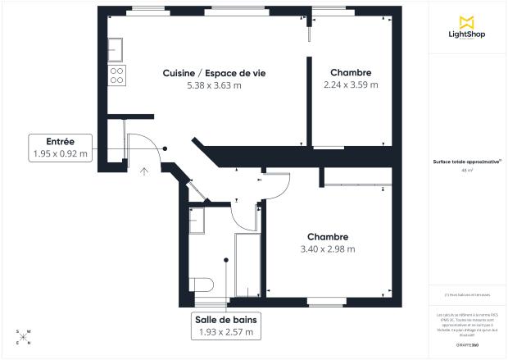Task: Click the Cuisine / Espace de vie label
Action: (214, 73)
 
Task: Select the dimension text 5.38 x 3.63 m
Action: (214, 84)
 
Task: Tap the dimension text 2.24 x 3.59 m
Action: (351, 84)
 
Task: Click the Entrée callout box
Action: (60, 148)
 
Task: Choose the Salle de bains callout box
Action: (226, 326)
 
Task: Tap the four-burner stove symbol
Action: (116, 75)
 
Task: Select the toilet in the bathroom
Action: (202, 285)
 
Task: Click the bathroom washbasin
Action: (196, 221)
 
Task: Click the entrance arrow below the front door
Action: (144, 171)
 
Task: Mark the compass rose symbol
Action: (23, 336)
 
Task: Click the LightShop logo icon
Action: (468, 22)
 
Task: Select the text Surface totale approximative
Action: (467, 162)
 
